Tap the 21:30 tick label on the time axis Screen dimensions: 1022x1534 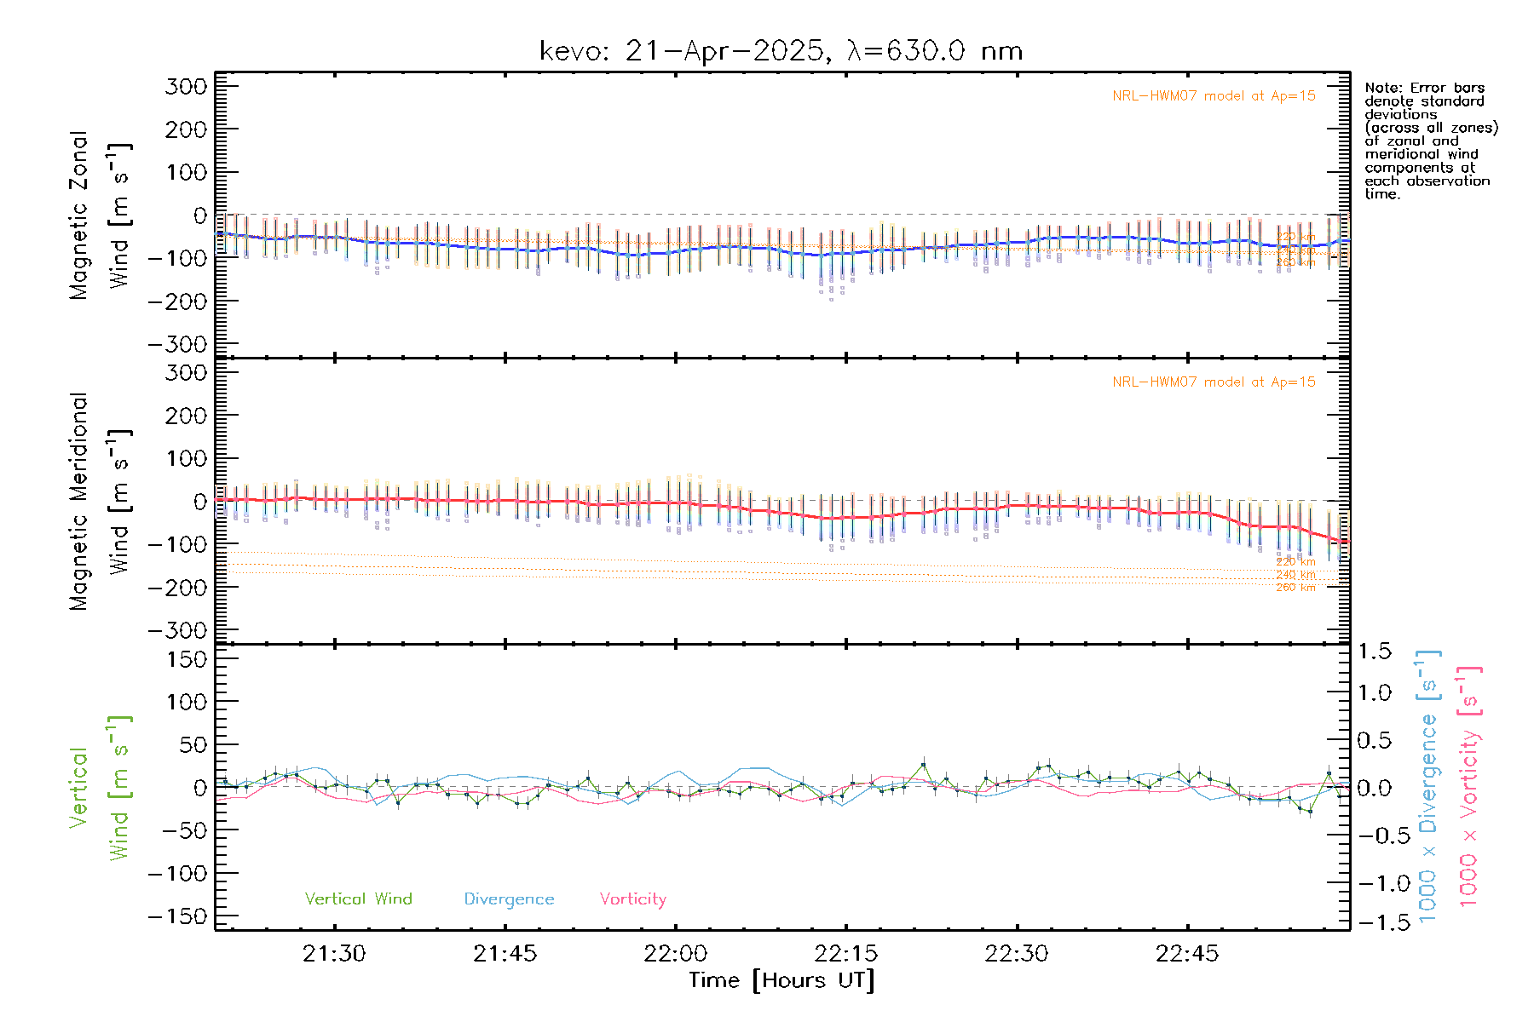click(x=334, y=954)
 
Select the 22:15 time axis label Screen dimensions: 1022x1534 click(x=845, y=954)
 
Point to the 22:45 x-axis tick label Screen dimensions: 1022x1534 click(x=1186, y=954)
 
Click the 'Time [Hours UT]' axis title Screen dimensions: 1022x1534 click(x=781, y=980)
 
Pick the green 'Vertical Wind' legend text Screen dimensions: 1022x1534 click(x=358, y=899)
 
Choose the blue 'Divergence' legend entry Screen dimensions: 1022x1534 click(x=509, y=899)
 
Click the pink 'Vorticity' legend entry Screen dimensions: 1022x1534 click(x=632, y=899)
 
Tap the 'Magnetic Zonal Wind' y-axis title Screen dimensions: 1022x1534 click(x=101, y=215)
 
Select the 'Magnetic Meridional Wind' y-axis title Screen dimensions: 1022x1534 click(x=101, y=501)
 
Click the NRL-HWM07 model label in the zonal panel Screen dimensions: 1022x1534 click(x=1214, y=95)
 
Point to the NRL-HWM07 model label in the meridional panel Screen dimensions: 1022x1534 click(x=1214, y=382)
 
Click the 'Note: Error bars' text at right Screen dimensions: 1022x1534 click(x=1424, y=88)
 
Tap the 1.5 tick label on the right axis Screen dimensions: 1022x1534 click(x=1375, y=652)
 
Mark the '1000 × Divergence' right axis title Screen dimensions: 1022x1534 click(x=1428, y=785)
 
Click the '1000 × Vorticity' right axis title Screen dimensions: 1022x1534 click(x=1469, y=785)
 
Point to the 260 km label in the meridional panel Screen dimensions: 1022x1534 click(x=1295, y=588)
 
